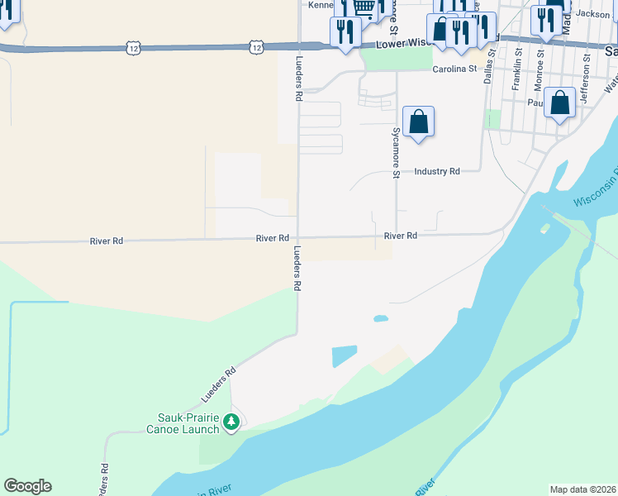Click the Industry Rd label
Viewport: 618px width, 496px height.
pyautogui.click(x=437, y=171)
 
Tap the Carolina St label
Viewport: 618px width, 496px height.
pyautogui.click(x=455, y=69)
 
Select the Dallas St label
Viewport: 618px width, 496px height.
pyautogui.click(x=489, y=67)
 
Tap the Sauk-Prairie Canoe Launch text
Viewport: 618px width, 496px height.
pyautogui.click(x=189, y=422)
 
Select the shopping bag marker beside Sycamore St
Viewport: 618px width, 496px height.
pyautogui.click(x=419, y=122)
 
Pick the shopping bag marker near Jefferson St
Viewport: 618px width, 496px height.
pyautogui.click(x=560, y=104)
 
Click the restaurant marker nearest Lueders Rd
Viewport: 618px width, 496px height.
pyautogui.click(x=345, y=32)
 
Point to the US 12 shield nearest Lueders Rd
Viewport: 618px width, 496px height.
pyautogui.click(x=257, y=48)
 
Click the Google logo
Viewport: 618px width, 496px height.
pyautogui.click(x=27, y=486)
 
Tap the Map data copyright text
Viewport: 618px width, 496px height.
pyautogui.click(x=582, y=489)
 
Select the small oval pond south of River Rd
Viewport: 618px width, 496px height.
pyautogui.click(x=381, y=318)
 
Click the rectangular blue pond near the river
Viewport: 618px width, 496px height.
pyautogui.click(x=345, y=356)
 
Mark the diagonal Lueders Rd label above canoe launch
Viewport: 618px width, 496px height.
pyautogui.click(x=219, y=384)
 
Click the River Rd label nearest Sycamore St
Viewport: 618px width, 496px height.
pyautogui.click(x=401, y=236)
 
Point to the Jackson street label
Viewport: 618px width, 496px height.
pyautogui.click(x=592, y=14)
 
